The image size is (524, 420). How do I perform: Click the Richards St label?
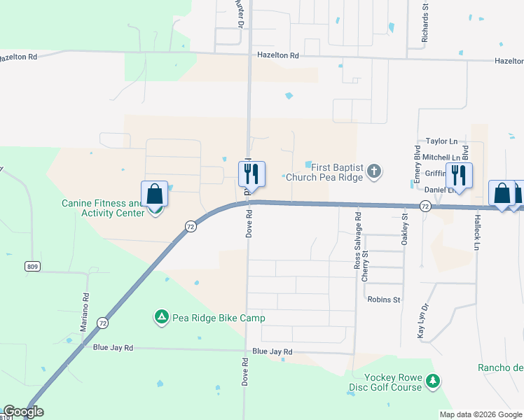point(425,24)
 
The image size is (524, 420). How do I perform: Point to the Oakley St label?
point(404,229)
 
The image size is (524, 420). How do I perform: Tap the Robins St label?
point(383,300)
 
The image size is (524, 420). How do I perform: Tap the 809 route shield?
point(31,266)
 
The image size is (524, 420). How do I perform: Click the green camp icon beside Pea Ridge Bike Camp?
point(161,318)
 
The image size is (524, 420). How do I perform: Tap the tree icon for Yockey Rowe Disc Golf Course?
point(434,381)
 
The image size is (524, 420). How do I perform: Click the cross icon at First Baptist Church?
point(374,170)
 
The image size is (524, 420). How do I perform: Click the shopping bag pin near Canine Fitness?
point(155,194)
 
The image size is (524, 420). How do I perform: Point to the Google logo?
point(23,412)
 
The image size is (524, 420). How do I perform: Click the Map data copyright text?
point(481,414)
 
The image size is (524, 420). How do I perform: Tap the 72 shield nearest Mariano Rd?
point(103,323)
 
